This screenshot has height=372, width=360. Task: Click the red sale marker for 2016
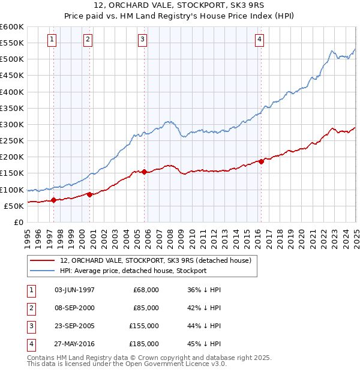(261, 161)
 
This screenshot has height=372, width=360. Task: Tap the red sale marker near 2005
(145, 172)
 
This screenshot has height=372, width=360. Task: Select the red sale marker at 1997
(53, 200)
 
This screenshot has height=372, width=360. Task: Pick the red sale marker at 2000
(89, 194)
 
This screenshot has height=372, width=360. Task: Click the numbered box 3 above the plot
(143, 40)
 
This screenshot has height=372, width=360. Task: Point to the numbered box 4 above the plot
(259, 40)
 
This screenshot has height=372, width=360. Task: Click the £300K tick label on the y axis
(12, 124)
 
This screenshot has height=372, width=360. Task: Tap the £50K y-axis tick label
(14, 206)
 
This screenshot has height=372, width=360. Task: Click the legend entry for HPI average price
(133, 271)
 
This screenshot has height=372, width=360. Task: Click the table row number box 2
(30, 308)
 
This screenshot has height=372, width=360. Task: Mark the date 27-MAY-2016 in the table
(74, 344)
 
